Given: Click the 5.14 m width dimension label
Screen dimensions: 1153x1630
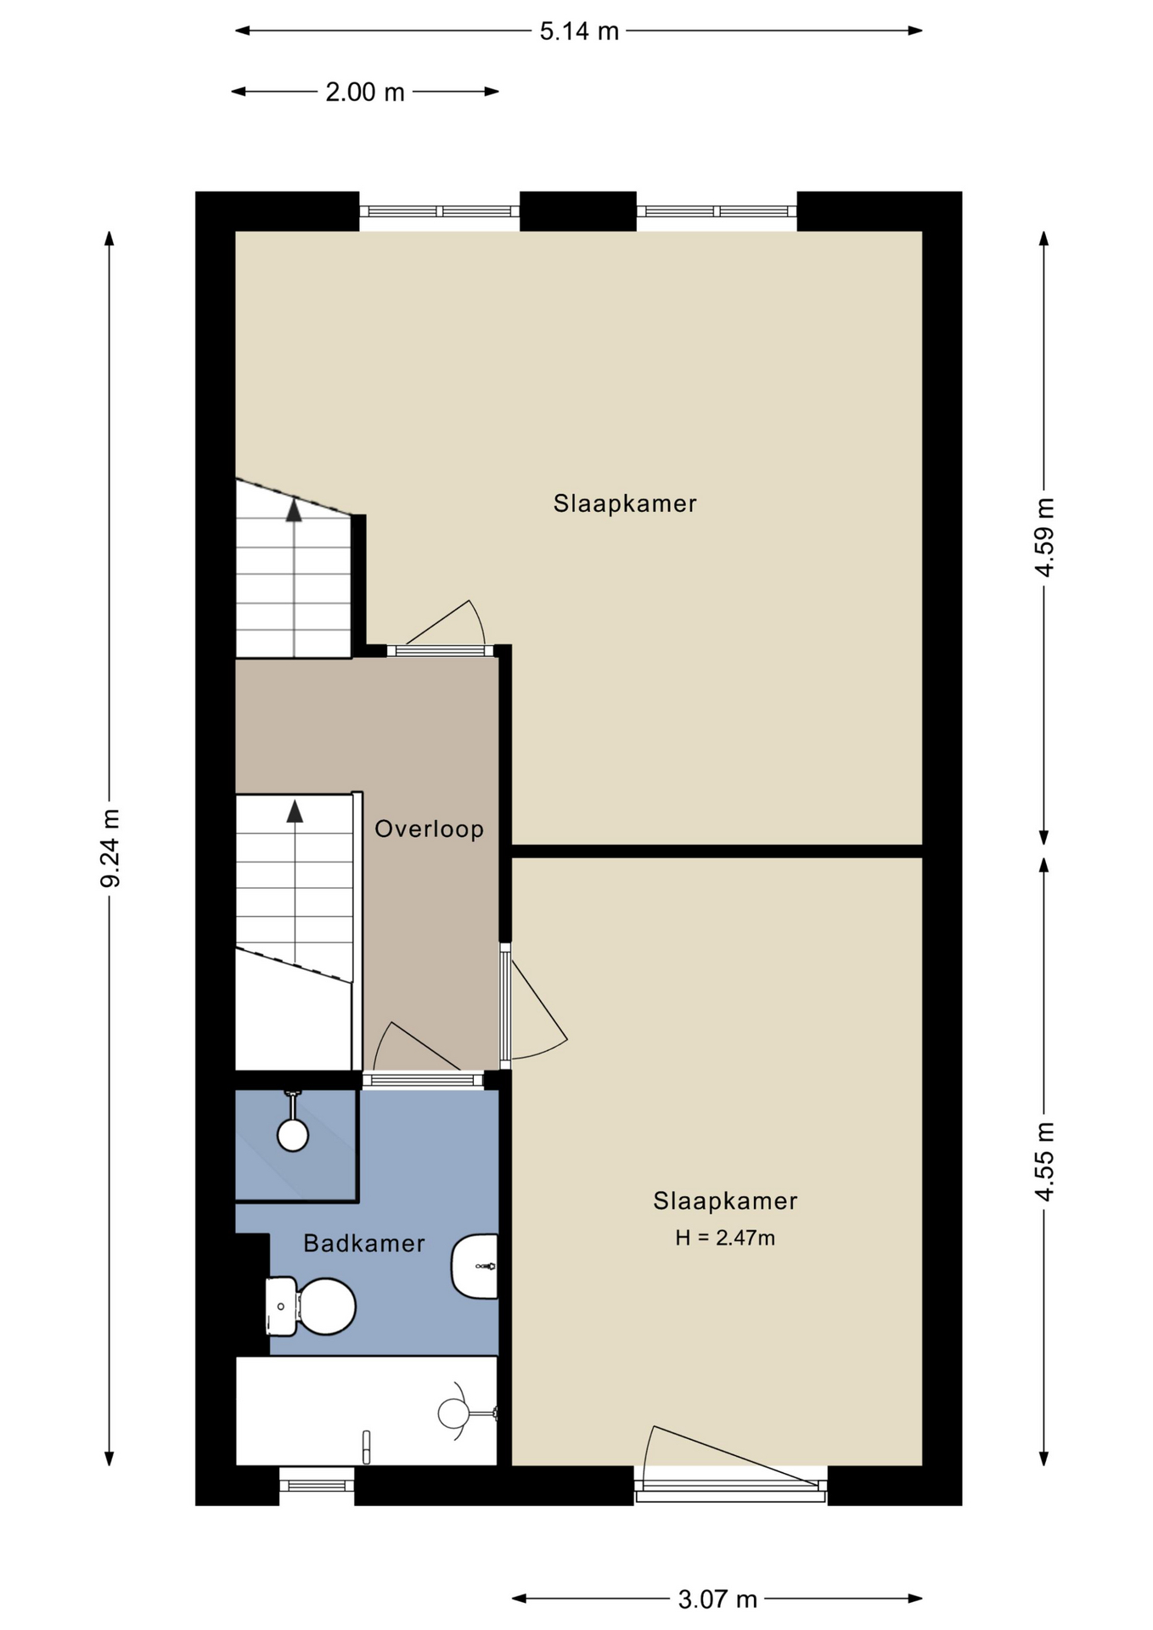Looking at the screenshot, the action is coord(579,31).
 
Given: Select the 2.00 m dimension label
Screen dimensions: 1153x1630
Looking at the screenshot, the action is coord(365,92).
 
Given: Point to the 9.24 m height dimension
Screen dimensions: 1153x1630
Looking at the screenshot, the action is coord(110,848).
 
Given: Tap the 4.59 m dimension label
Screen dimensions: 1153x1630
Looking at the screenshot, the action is coord(1044,537).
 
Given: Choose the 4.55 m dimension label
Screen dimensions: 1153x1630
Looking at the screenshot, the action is coord(1044,1161).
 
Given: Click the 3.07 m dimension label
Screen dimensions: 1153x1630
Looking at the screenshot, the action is coord(717,1599).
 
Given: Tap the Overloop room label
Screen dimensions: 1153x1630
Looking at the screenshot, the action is coord(429,829).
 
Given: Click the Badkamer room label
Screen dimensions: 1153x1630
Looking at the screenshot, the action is coord(364,1243).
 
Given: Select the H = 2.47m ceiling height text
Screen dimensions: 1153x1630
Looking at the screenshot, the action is coord(725,1238).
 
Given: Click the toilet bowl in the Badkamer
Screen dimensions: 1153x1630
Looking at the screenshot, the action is coord(326,1307).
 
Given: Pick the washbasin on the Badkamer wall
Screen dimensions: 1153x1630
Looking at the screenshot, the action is coord(475,1266).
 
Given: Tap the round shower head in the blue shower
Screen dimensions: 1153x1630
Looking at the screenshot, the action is coord(293,1135).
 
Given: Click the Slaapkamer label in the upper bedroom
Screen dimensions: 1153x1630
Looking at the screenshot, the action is coord(625,503).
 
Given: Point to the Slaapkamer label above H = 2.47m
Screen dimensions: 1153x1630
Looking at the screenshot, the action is coord(725,1200).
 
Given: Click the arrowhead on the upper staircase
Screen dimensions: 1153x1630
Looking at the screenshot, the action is coord(294,510).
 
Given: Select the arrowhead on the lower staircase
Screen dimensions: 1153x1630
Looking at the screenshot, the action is coord(295,811).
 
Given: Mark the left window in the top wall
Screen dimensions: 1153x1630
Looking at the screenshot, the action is coord(440,211).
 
